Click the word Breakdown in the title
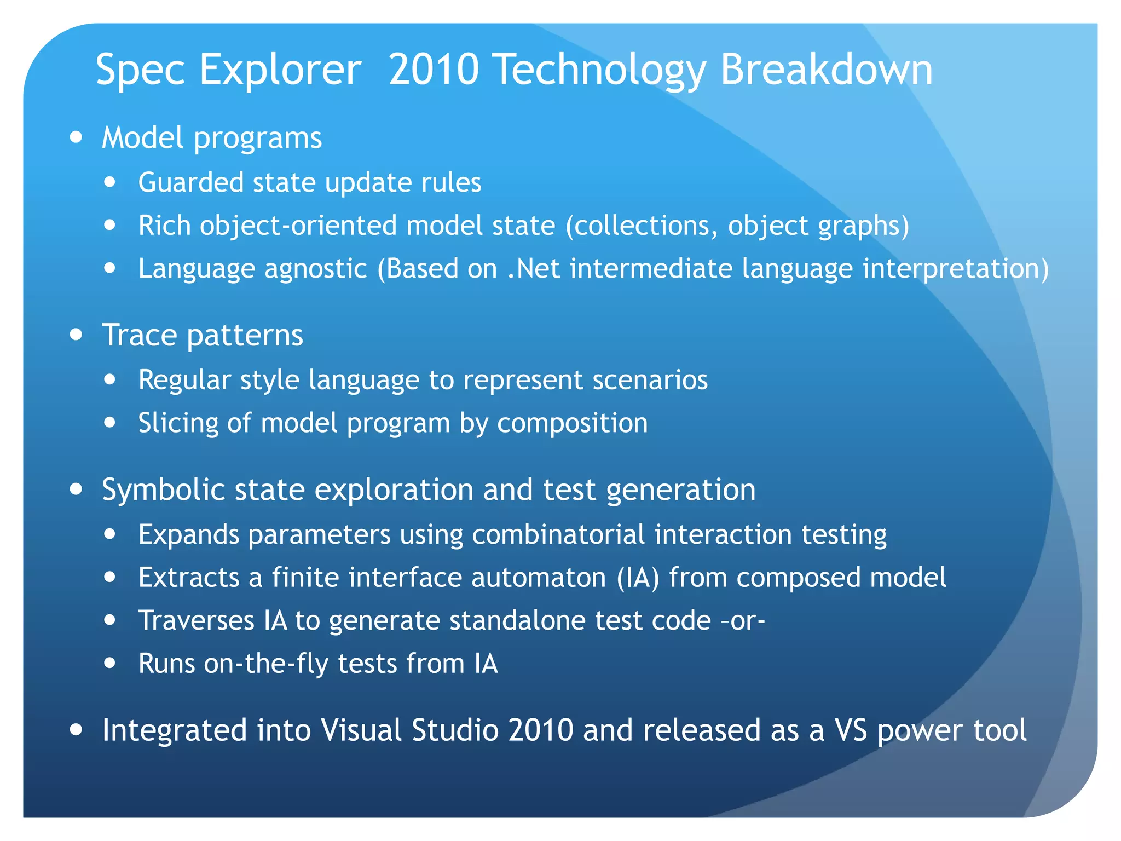pos(826,70)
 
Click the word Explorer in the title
pos(280,70)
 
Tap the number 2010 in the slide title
pos(434,70)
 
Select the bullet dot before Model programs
pos(77,137)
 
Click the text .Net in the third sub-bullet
pos(534,269)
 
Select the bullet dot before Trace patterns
pos(77,335)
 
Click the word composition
pos(572,423)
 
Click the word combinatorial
pos(558,534)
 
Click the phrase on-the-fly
pos(265,664)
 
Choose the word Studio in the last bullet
pos(455,730)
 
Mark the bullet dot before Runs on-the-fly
pos(111,663)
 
